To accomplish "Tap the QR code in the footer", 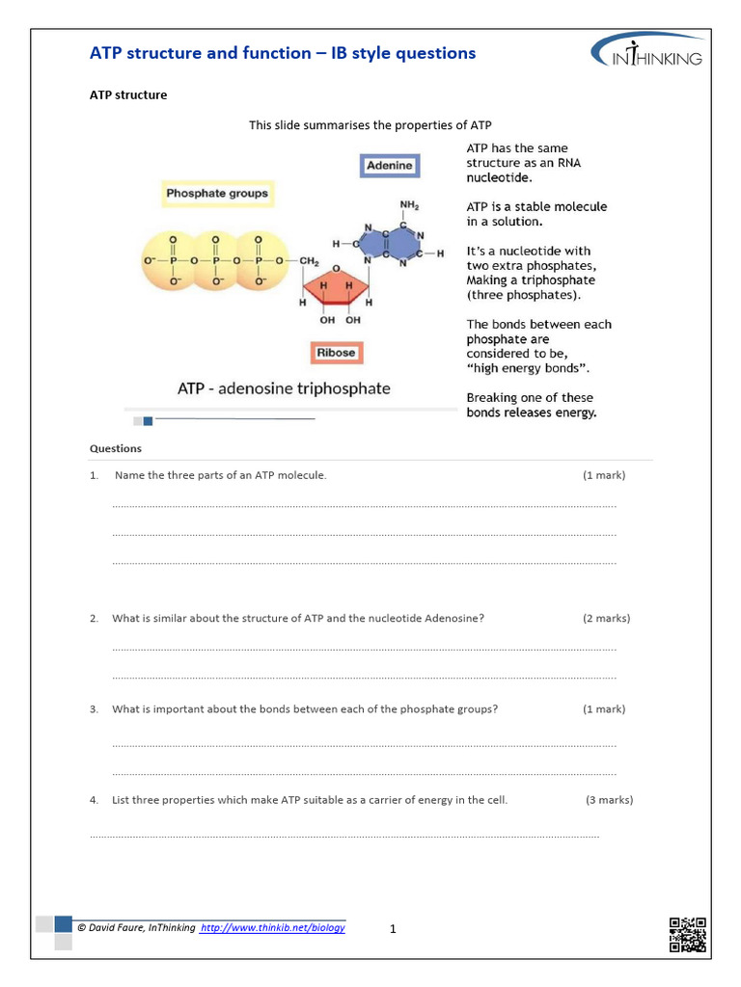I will [x=687, y=934].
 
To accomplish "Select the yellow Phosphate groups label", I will [x=217, y=194].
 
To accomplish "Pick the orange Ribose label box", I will [x=336, y=353].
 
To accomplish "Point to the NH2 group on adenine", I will [x=409, y=205].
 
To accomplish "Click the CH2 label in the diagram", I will [x=309, y=261].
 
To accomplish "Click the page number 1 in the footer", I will [x=393, y=929].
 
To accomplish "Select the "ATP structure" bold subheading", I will [x=128, y=95].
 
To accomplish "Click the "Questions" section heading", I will [x=116, y=448].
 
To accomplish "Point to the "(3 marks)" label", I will [x=609, y=800].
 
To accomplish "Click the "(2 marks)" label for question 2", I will [x=606, y=619].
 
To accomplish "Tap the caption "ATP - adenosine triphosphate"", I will [x=284, y=389].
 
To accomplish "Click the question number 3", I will [x=94, y=709].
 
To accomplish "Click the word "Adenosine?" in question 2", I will [x=454, y=619].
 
